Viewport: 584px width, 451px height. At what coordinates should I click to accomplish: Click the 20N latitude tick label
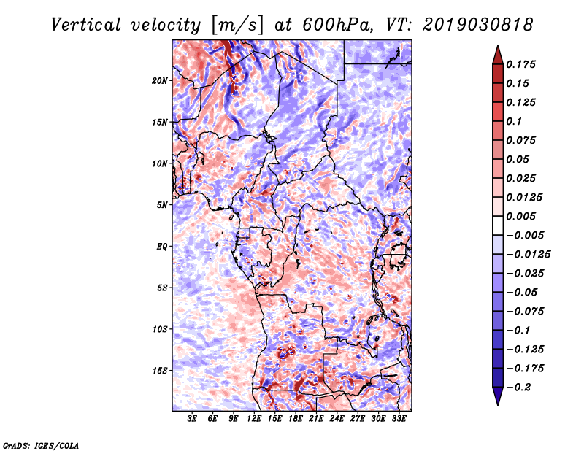160,81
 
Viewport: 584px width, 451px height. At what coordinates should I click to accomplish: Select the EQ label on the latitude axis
161,247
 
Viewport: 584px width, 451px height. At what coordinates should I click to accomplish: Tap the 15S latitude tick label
160,371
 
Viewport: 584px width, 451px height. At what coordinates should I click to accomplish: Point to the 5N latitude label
162,205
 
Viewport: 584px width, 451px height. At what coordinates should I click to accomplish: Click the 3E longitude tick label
192,419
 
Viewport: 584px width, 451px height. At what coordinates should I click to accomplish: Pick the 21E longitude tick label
316,419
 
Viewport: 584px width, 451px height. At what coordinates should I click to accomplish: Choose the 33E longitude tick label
399,419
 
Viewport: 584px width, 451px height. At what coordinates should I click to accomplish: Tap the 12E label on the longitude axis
254,419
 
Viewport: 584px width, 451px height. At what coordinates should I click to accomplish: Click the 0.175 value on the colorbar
520,64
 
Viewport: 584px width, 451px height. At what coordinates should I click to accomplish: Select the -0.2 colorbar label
518,388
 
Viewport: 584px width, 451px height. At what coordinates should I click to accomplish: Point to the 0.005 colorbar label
520,216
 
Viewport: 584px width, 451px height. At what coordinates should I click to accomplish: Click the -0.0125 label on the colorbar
528,255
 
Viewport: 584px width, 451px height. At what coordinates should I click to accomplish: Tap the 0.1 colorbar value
514,121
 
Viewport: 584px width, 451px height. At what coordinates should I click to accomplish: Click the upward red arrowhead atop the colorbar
498,55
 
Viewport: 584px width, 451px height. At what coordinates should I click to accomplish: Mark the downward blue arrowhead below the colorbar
498,396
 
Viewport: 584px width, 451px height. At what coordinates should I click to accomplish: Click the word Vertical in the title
86,25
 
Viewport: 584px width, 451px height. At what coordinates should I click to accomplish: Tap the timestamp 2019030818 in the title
478,25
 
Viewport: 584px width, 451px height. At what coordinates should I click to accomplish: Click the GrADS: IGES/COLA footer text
41,445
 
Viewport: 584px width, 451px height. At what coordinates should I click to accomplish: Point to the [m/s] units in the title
237,26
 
